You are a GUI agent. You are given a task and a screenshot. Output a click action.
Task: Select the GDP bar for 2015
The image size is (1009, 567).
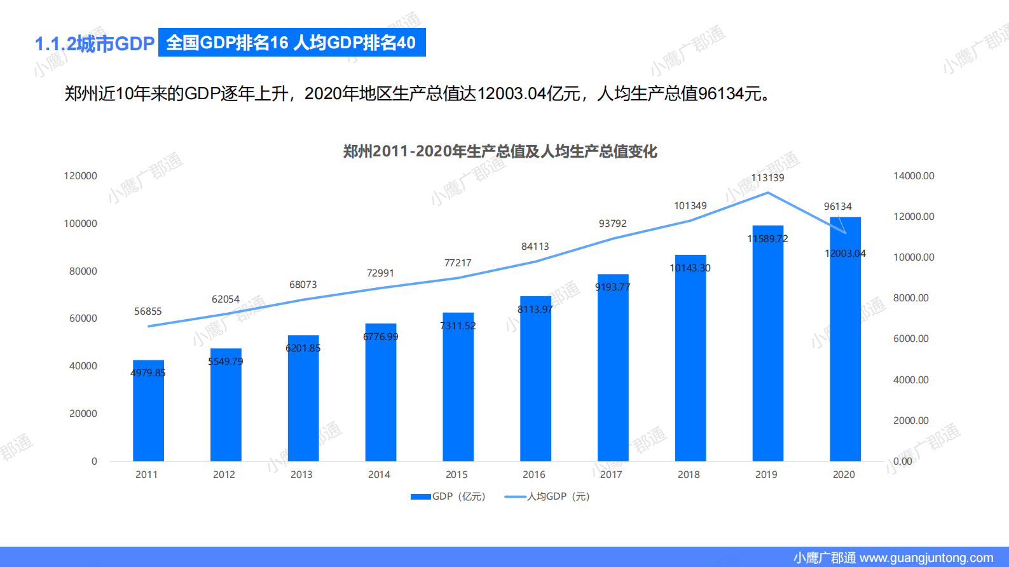[x=458, y=394]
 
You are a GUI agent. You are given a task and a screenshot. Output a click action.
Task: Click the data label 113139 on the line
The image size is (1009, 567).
[x=767, y=178]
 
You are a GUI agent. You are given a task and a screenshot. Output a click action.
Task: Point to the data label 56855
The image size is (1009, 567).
[x=148, y=311]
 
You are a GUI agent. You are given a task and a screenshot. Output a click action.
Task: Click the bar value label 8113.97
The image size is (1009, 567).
[x=535, y=310]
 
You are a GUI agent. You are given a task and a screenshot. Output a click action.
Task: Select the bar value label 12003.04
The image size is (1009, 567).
[x=845, y=254]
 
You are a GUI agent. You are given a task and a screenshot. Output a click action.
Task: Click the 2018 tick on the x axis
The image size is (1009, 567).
[x=689, y=475]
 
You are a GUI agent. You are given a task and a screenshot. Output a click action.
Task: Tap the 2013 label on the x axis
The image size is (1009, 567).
[x=301, y=475]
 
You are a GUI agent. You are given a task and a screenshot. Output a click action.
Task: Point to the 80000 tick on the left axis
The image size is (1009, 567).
[x=83, y=271]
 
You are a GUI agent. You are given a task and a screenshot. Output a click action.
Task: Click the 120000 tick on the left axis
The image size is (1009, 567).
[x=80, y=176]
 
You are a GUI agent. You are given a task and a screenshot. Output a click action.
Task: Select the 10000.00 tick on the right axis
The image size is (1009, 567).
[x=914, y=257]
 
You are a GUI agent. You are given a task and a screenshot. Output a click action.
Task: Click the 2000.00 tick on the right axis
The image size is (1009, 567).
[x=910, y=421]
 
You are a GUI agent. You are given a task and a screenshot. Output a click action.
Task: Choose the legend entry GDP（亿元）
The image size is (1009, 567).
[x=448, y=496]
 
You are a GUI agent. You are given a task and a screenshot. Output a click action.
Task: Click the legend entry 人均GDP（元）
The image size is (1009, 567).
[x=548, y=496]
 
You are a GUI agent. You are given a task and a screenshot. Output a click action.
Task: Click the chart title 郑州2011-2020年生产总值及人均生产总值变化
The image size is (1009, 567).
[x=500, y=151]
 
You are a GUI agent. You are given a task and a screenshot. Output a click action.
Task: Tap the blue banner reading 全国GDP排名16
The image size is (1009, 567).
[x=291, y=43]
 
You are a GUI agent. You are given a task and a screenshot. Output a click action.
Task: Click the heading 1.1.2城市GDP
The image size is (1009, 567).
[x=95, y=44]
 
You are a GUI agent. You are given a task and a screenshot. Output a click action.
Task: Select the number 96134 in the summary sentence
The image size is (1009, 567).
[x=721, y=94]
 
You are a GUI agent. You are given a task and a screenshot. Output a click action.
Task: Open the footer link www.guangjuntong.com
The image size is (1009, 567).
[x=926, y=558]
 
